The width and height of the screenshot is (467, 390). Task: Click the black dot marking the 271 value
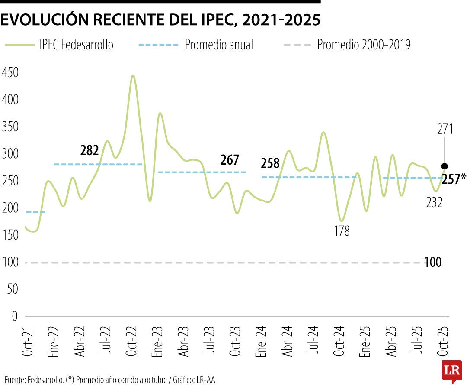point(445,166)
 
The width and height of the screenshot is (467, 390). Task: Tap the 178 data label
point(342,231)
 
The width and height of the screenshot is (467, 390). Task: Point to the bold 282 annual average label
point(90,151)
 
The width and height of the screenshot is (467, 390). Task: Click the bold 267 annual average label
point(230,160)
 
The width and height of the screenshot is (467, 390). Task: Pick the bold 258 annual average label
point(270,164)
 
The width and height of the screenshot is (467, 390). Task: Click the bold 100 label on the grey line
point(432,262)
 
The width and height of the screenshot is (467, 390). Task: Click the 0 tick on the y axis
point(14,316)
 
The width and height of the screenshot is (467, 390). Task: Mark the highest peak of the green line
point(133,75)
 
